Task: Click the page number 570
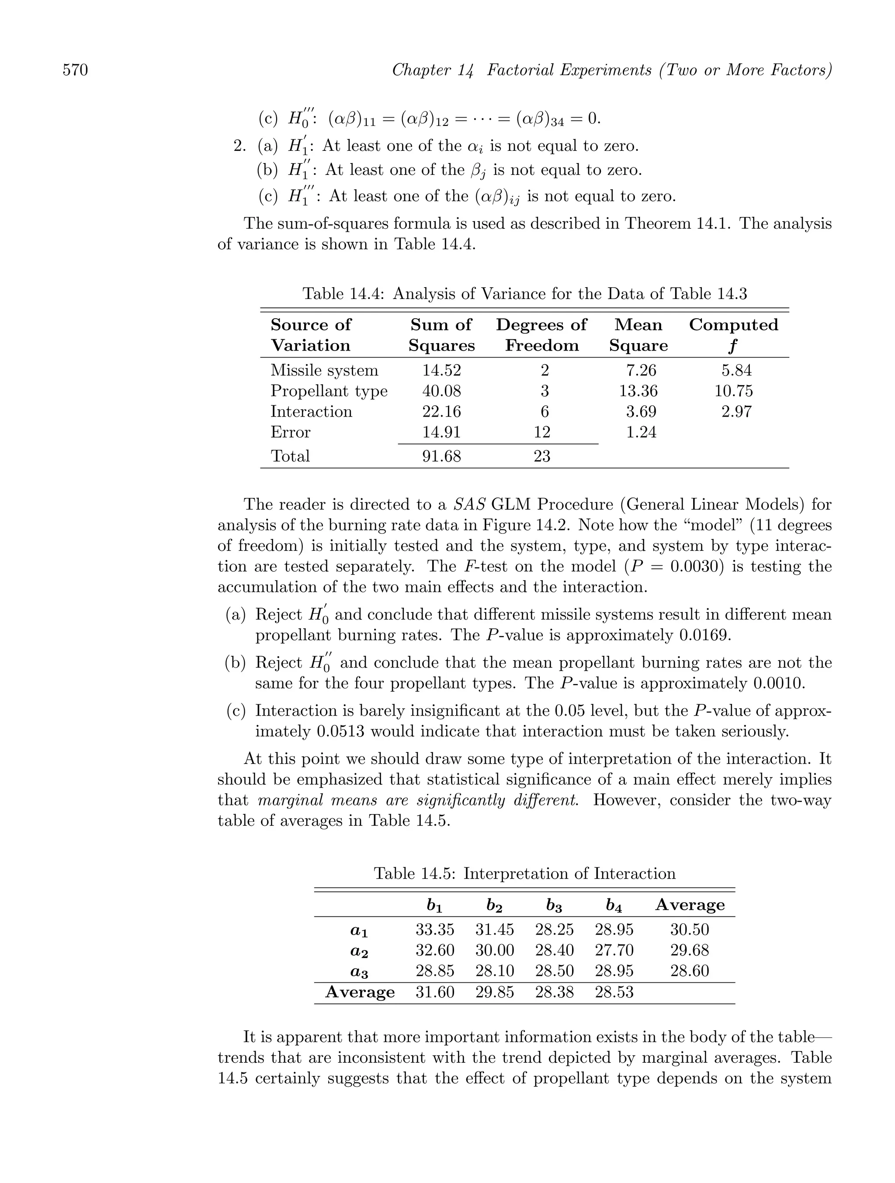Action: tap(76, 70)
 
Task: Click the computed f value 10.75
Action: tap(734, 391)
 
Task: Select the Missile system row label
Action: tap(324, 370)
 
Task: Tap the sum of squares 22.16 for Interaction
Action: tap(442, 411)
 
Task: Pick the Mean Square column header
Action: tap(638, 335)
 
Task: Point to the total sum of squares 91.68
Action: tap(442, 456)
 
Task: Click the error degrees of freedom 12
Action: tap(542, 432)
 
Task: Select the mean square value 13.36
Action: tap(638, 391)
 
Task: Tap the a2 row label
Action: tap(360, 950)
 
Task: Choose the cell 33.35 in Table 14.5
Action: tap(435, 929)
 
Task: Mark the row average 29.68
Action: tap(690, 950)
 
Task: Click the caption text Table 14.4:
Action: tap(343, 294)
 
